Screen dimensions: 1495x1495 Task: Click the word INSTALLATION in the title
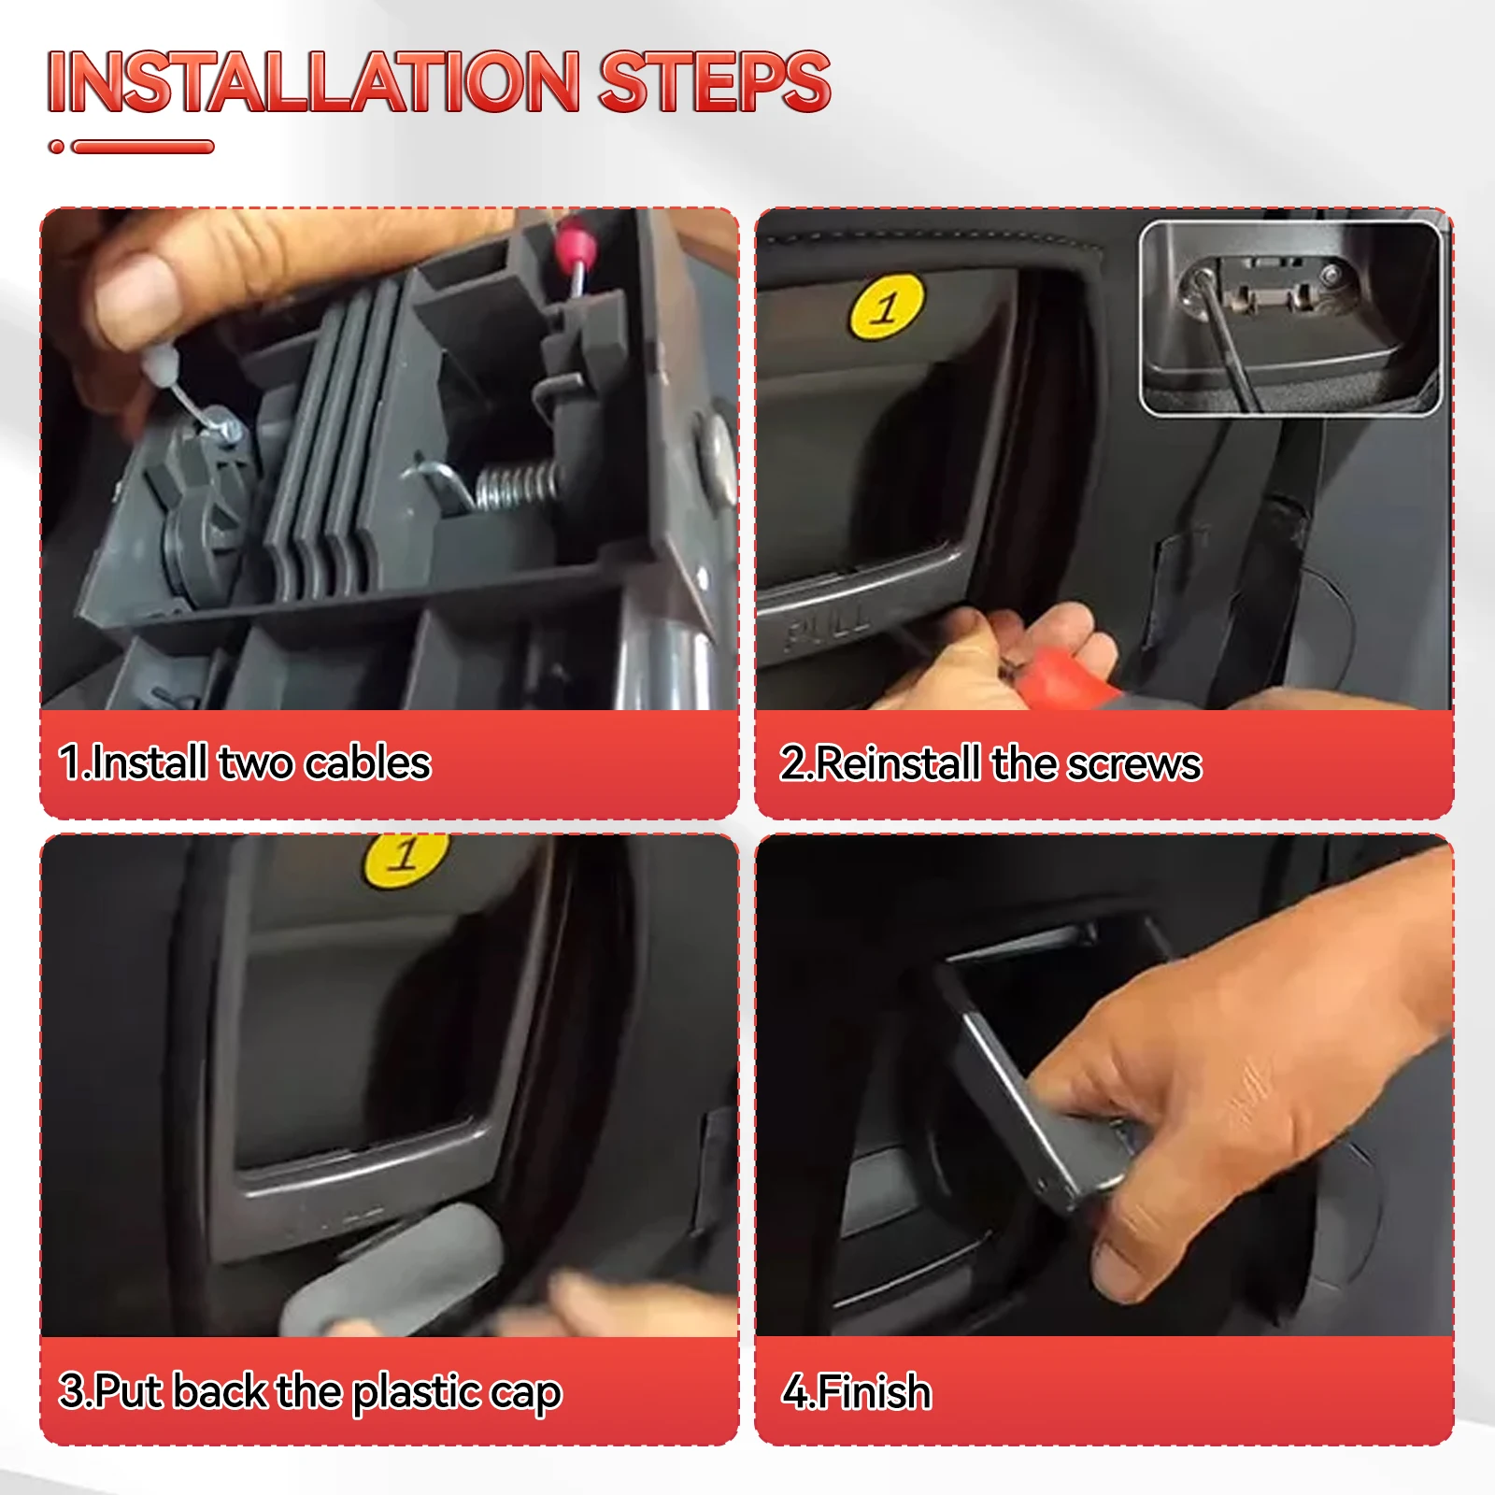click(314, 81)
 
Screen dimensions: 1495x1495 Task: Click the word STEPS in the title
click(715, 81)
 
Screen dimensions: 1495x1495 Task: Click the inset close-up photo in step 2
click(1290, 318)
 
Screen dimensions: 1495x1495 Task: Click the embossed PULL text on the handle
click(828, 627)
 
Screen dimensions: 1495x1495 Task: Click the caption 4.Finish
click(857, 1391)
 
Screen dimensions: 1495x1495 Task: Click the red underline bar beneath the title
click(143, 147)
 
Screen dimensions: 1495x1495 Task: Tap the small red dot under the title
click(57, 147)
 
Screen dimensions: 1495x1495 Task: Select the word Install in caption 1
click(149, 762)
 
